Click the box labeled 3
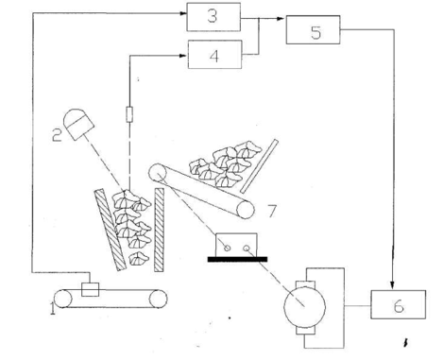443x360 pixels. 213,17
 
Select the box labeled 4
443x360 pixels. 214,54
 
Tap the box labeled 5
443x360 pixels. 313,29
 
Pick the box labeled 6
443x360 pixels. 399,304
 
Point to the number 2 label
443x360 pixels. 57,135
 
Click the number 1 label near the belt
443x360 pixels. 53,308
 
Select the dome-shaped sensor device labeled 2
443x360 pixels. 78,125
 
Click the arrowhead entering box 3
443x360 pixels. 183,13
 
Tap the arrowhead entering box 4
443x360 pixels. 184,56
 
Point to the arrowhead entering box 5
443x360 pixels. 282,19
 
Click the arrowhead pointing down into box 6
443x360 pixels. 392,286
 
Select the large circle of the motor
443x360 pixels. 304,307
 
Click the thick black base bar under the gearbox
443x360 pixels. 237,259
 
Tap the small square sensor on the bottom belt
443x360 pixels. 90,289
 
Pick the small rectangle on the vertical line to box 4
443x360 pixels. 129,114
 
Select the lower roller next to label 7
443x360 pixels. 246,210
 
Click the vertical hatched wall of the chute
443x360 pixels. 160,230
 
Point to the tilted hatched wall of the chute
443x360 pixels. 111,230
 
